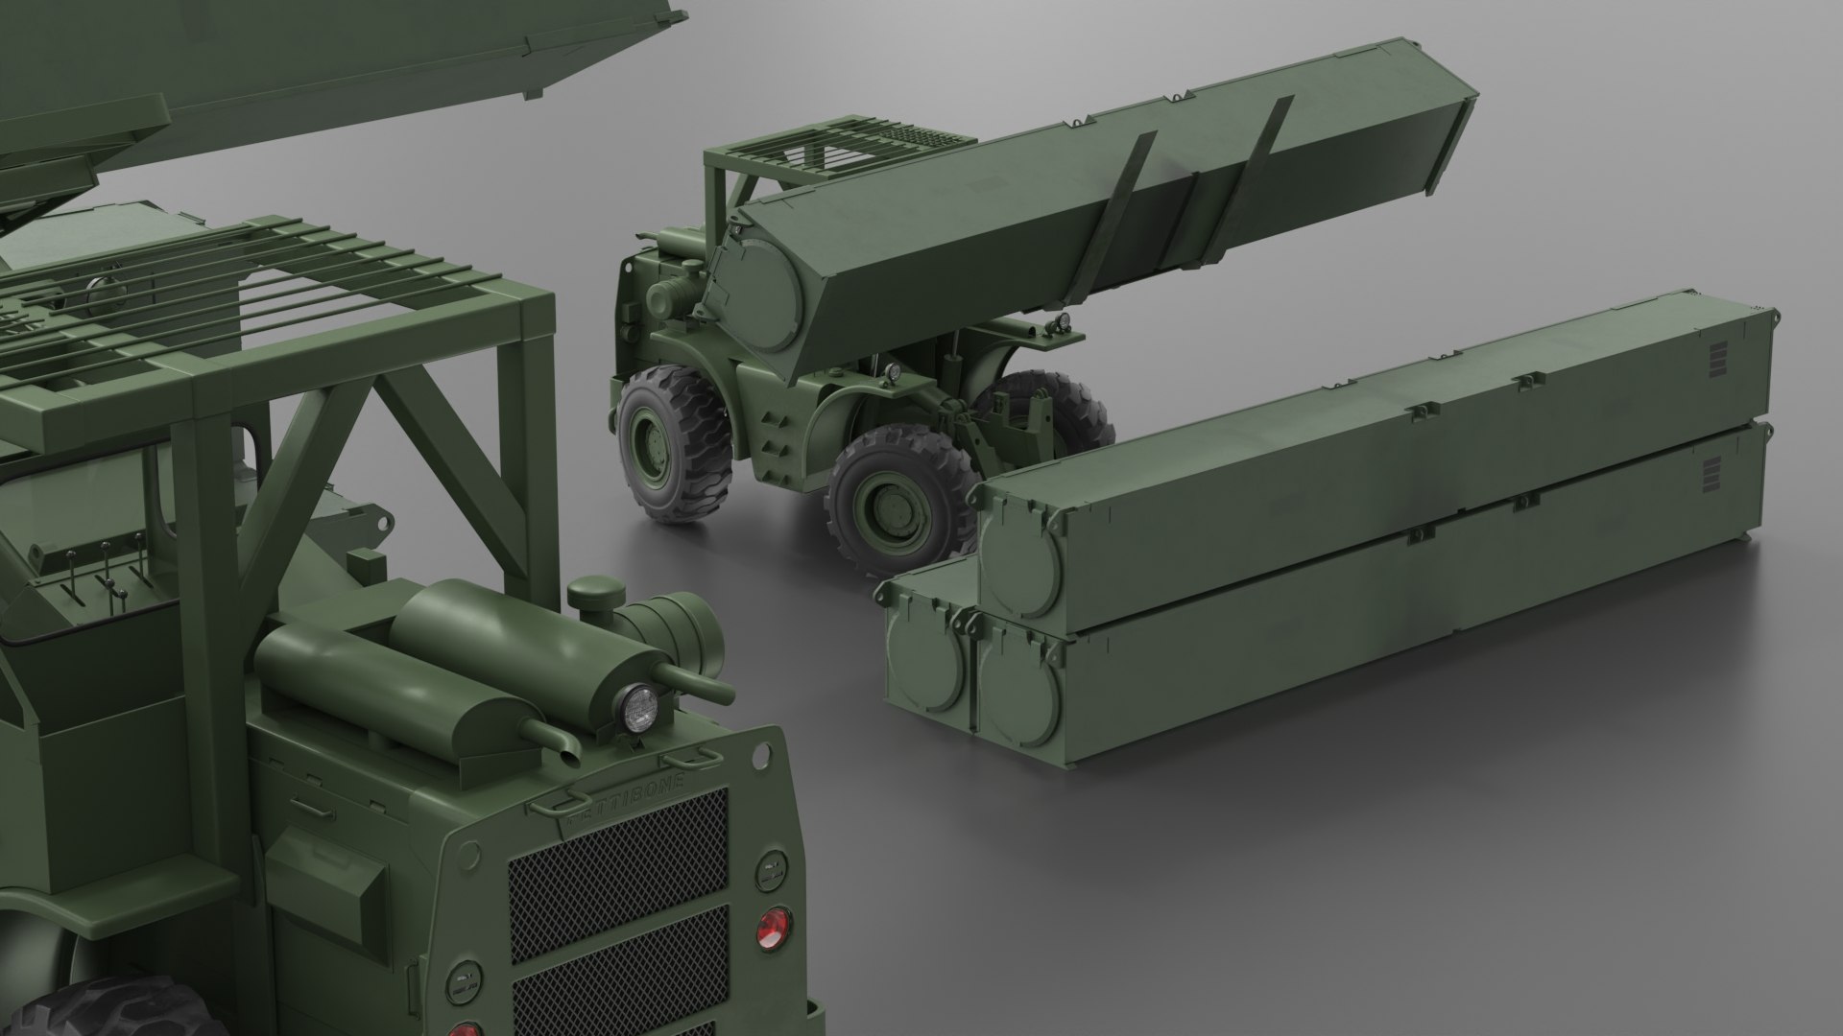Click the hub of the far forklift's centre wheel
[877, 500]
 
